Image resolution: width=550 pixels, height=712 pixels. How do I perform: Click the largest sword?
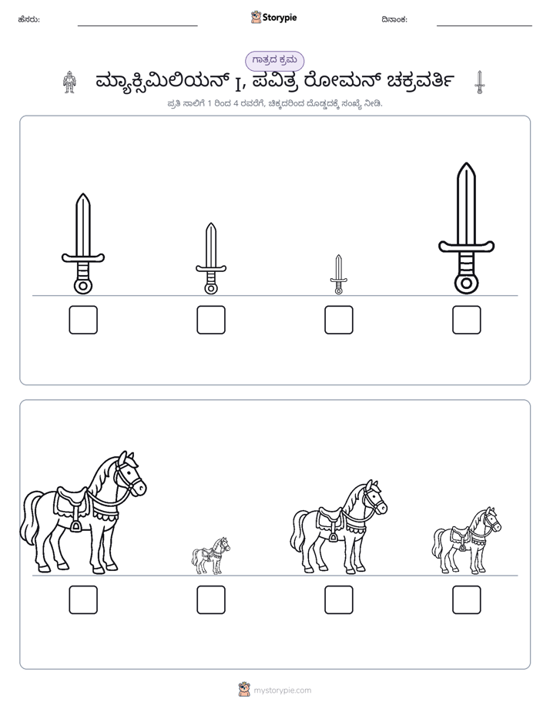point(466,228)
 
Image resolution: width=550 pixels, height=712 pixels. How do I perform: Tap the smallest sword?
point(338,274)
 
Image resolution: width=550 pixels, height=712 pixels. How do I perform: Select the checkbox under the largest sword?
point(466,320)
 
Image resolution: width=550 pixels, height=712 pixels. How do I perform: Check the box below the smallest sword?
point(338,320)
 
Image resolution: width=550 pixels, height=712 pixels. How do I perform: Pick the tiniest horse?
point(210,556)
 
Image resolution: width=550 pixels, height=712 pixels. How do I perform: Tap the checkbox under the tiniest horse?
point(210,599)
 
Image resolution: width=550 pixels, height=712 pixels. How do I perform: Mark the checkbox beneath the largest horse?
point(83,599)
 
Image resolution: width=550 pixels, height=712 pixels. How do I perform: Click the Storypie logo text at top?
point(280,18)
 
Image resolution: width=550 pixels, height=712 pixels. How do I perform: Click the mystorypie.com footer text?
point(282,690)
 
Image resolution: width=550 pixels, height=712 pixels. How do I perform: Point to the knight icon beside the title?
point(69,82)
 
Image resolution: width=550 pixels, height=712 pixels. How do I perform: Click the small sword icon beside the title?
point(479,82)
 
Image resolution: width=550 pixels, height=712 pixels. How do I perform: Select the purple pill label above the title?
point(274,61)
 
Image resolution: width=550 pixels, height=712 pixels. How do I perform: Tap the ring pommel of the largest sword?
point(466,284)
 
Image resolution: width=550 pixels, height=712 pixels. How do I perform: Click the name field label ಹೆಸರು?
point(29,19)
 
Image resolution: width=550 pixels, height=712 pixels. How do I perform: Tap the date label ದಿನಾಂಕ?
point(394,19)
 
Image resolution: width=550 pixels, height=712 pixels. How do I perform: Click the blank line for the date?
point(485,26)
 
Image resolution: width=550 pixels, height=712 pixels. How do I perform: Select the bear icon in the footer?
point(244,690)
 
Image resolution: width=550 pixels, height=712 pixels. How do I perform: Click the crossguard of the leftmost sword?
point(83,258)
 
